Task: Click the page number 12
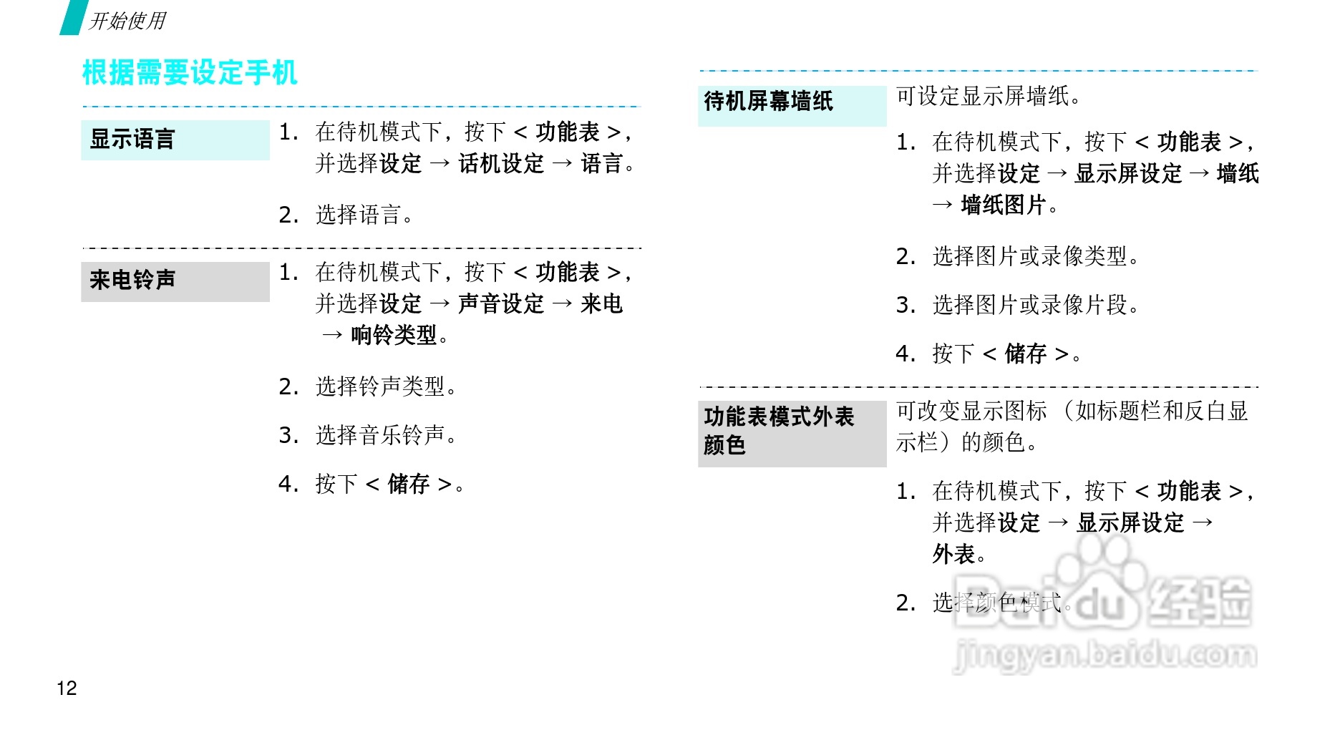(x=67, y=688)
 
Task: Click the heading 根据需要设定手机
(x=190, y=73)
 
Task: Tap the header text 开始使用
(x=127, y=21)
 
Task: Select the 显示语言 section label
(x=132, y=139)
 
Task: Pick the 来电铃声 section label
(x=132, y=280)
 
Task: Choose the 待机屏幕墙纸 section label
(x=768, y=102)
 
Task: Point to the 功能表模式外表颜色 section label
(x=779, y=430)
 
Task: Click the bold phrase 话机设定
(x=501, y=164)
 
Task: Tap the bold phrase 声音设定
(x=501, y=304)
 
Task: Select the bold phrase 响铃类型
(x=394, y=335)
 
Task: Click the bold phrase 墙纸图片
(x=1004, y=205)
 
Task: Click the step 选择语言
(x=358, y=215)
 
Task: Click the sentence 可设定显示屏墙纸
(x=988, y=96)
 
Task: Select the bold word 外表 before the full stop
(x=953, y=554)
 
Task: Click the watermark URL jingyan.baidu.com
(x=1105, y=655)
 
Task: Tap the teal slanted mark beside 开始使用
(x=72, y=17)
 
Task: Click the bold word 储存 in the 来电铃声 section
(x=408, y=485)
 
